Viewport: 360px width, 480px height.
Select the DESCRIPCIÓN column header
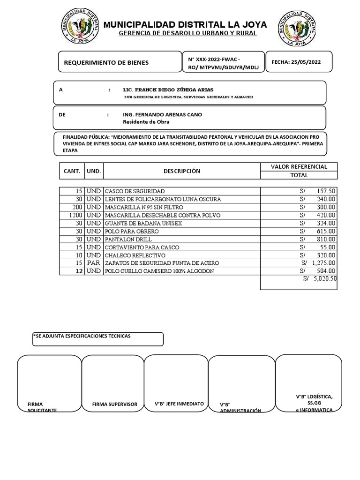click(181, 171)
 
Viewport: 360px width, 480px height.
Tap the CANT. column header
click(72, 171)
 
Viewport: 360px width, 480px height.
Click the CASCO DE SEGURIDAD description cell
click(135, 191)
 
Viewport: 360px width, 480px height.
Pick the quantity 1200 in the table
click(75, 215)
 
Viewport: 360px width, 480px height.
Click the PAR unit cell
click(94, 263)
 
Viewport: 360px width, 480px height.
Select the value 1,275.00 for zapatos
click(323, 263)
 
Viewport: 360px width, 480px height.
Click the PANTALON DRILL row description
click(126, 239)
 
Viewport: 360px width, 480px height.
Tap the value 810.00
click(325, 239)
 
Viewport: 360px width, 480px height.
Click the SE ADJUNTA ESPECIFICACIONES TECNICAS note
click(82, 336)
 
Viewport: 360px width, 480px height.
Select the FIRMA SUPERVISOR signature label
click(115, 404)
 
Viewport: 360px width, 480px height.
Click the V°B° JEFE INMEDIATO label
click(179, 403)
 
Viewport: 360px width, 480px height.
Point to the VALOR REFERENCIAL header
click(299, 166)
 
